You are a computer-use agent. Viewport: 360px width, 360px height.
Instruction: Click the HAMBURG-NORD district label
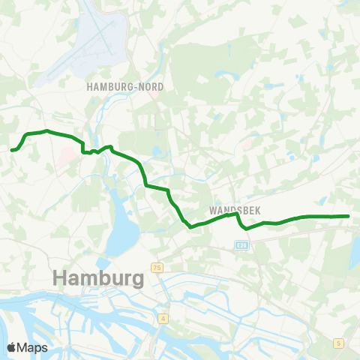pos(125,87)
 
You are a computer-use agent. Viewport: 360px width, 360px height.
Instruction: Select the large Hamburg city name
pos(99,278)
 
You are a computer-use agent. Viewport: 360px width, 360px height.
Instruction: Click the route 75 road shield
pos(157,267)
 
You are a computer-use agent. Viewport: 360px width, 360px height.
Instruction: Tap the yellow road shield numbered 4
pos(163,319)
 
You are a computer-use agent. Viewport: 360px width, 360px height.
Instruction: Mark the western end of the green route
pos(13,150)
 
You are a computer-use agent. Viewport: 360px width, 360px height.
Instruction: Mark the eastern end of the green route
pos(348,216)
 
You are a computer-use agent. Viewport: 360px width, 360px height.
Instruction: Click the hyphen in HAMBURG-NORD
pos(136,87)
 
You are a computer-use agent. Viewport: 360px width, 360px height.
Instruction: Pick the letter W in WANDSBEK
pos(208,202)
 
